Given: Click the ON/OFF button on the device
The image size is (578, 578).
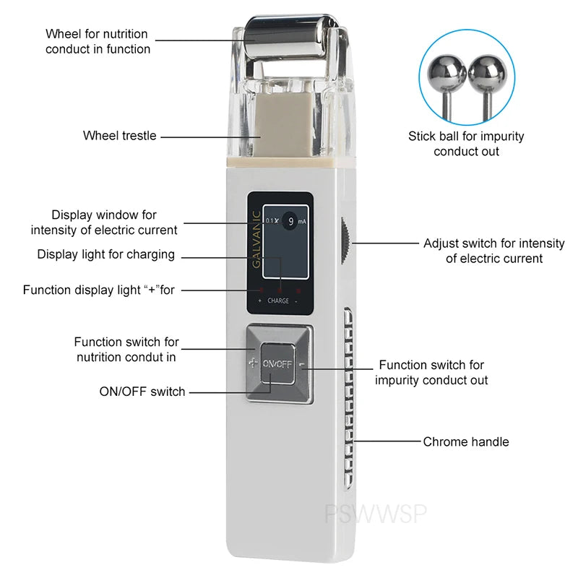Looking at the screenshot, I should [277, 363].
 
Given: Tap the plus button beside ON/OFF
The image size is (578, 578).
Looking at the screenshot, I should [252, 363].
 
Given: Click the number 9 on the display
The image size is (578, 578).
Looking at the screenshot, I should [290, 222].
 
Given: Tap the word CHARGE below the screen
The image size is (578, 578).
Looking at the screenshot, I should [277, 301].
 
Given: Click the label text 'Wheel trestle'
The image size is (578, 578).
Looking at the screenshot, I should [119, 135].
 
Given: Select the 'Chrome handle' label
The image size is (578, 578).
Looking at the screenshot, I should [466, 441].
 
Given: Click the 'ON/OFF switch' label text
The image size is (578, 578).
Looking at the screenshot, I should [142, 392].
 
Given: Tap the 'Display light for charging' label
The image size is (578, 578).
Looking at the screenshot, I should [106, 254].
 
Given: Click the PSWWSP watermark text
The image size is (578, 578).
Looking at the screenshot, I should [376, 514].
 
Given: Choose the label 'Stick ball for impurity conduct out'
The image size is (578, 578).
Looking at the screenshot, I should [466, 143].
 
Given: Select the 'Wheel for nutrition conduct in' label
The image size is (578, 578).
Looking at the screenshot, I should [98, 41].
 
